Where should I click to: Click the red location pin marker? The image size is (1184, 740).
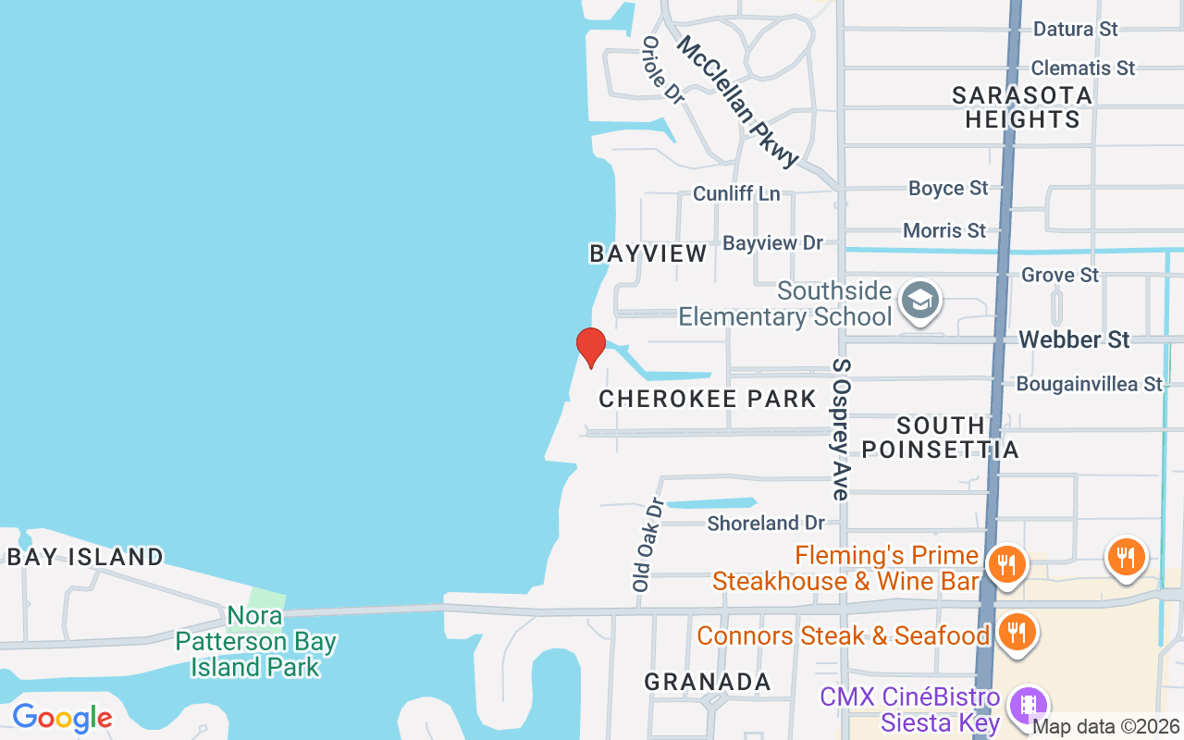pyautogui.click(x=590, y=347)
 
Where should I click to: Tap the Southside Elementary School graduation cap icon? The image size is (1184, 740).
pyautogui.click(x=919, y=301)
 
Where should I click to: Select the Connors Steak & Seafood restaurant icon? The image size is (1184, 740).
pyautogui.click(x=1017, y=634)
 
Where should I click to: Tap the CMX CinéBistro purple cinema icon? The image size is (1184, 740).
pyautogui.click(x=1028, y=707)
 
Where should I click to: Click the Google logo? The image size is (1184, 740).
pyautogui.click(x=62, y=718)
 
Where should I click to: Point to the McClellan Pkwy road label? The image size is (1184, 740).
pyautogui.click(x=737, y=102)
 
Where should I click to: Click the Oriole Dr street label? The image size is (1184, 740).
pyautogui.click(x=662, y=70)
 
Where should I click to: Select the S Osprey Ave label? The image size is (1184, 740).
pyautogui.click(x=841, y=429)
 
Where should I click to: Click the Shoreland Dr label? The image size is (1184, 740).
pyautogui.click(x=766, y=524)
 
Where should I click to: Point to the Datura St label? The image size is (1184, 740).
pyautogui.click(x=1076, y=29)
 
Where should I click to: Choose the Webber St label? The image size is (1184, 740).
pyautogui.click(x=1074, y=339)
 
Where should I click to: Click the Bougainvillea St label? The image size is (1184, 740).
pyautogui.click(x=1089, y=383)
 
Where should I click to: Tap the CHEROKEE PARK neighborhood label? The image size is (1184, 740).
pyautogui.click(x=708, y=399)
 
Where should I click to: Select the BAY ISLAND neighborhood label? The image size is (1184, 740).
pyautogui.click(x=85, y=557)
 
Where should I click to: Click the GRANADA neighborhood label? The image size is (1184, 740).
pyautogui.click(x=708, y=682)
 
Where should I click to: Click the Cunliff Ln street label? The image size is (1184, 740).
pyautogui.click(x=736, y=193)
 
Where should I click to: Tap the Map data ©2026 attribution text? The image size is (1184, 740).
pyautogui.click(x=1106, y=727)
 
